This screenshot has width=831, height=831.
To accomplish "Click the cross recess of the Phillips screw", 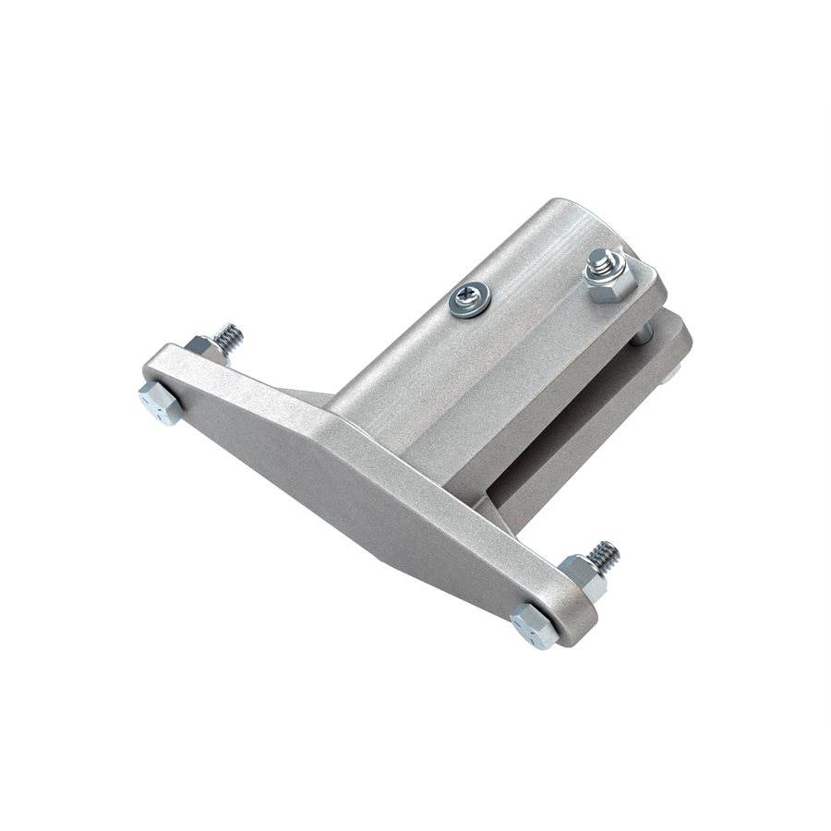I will pyautogui.click(x=469, y=298).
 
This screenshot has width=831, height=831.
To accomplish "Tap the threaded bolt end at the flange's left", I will pyautogui.click(x=227, y=334).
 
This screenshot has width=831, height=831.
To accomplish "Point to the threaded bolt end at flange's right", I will pyautogui.click(x=604, y=555).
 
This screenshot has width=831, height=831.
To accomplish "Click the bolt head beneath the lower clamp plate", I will pyautogui.click(x=671, y=374).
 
